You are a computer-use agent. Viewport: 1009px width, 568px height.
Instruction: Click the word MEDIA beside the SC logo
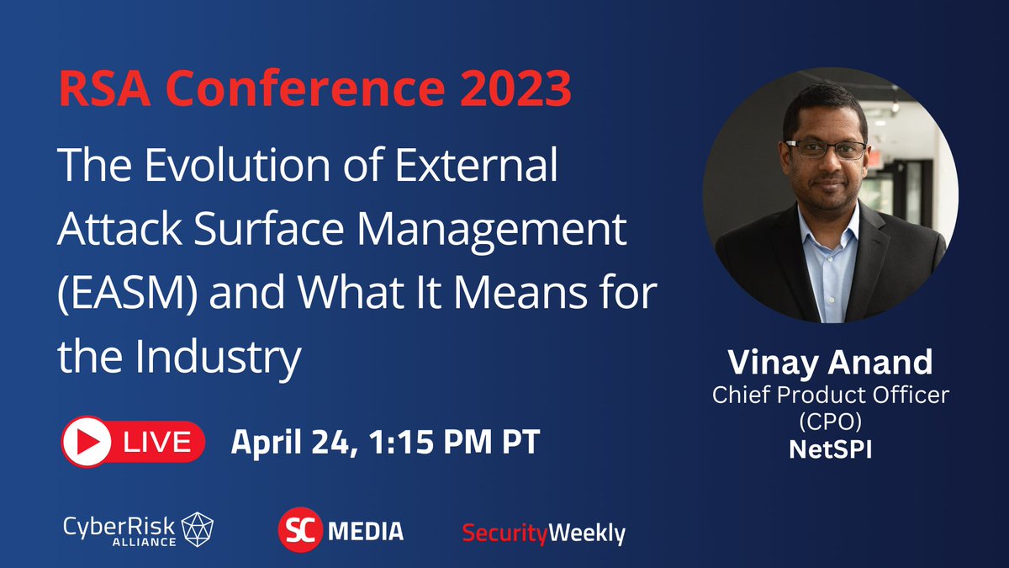(x=366, y=531)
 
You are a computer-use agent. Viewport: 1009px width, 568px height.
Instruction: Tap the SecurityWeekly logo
(x=544, y=533)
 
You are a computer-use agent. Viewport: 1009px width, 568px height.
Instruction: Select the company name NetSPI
(x=830, y=449)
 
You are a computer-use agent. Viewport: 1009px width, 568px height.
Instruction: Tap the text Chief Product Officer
(x=830, y=395)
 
